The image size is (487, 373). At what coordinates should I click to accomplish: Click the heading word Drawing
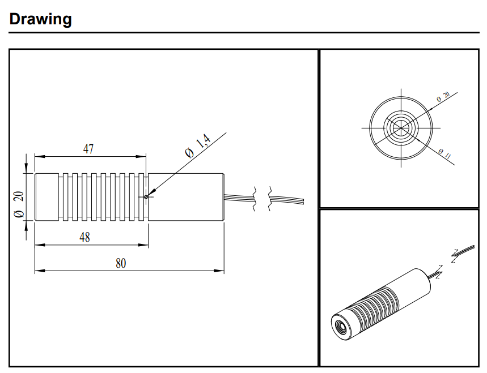click(41, 19)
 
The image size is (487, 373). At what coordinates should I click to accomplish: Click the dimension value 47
click(89, 149)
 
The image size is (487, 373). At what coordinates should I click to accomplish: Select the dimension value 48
click(84, 238)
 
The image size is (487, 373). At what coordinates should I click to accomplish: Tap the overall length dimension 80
click(121, 263)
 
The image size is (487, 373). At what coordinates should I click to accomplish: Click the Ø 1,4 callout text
click(198, 145)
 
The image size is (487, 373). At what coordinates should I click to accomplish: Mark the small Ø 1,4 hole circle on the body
click(146, 196)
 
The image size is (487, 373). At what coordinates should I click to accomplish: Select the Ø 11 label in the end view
click(444, 153)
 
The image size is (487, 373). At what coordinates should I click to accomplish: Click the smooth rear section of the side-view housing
click(187, 196)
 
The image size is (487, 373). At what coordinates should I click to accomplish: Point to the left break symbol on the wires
click(255, 198)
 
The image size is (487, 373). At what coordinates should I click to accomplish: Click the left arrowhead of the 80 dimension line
click(37, 271)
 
